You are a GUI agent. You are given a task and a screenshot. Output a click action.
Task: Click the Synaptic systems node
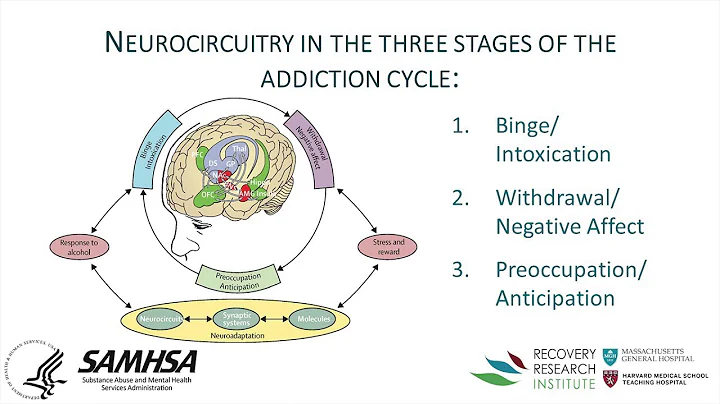238,317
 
